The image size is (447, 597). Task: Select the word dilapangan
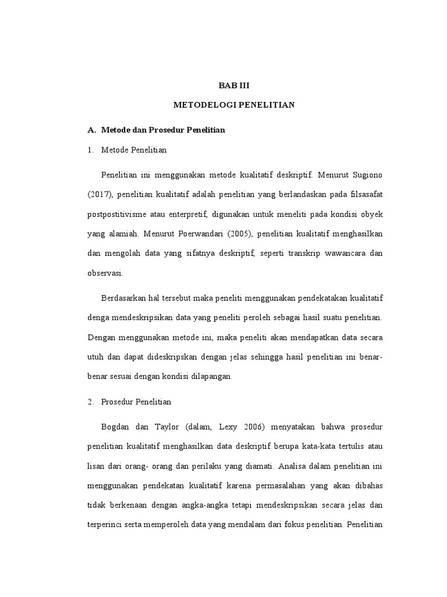click(208, 377)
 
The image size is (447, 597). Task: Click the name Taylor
click(168, 427)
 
